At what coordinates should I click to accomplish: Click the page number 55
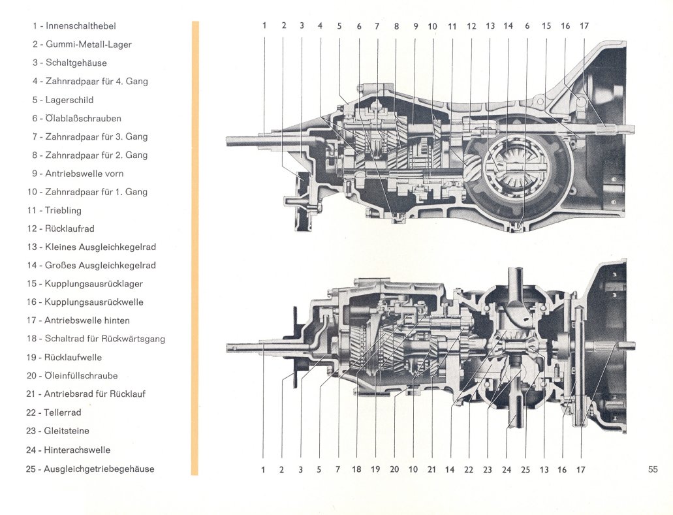(652, 469)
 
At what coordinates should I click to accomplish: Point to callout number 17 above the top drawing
(584, 25)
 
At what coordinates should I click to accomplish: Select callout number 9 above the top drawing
(415, 26)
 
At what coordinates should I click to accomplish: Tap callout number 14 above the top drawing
(509, 25)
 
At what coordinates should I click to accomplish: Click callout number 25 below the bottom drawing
(525, 469)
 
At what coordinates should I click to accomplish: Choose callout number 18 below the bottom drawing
(356, 469)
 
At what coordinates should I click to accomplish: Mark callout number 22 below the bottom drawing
(469, 469)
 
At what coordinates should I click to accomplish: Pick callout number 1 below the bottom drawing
(263, 469)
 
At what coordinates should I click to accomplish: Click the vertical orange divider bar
(195, 248)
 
